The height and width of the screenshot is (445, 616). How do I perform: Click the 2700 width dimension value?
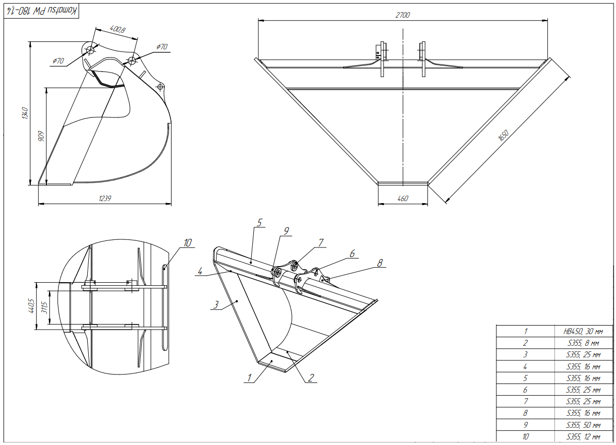403,15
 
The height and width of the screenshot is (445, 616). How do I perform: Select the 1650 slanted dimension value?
503,136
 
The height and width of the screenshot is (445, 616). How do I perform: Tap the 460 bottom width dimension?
403,199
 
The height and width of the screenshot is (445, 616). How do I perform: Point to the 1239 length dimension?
105,199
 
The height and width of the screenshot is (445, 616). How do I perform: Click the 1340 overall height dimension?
25,113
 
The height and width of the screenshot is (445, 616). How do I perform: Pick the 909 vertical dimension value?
41,136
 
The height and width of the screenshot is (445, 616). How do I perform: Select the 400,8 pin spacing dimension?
118,29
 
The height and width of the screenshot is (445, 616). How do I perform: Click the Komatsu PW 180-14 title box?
41,11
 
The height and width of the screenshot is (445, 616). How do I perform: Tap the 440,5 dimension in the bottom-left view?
31,306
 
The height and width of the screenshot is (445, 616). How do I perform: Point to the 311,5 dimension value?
44,307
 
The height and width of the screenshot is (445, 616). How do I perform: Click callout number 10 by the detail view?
188,243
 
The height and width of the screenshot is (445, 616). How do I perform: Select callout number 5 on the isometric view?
260,223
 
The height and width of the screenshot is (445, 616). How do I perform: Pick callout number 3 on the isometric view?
216,304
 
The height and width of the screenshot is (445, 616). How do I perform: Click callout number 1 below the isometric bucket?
249,378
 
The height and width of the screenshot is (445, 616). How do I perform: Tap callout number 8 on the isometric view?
380,263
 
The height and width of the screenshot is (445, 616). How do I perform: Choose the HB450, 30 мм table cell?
583,332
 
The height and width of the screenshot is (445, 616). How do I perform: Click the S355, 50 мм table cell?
583,425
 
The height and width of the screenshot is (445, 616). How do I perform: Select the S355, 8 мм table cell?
583,343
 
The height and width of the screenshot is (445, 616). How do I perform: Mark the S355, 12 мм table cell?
583,436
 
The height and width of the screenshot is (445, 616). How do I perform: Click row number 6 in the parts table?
525,390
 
